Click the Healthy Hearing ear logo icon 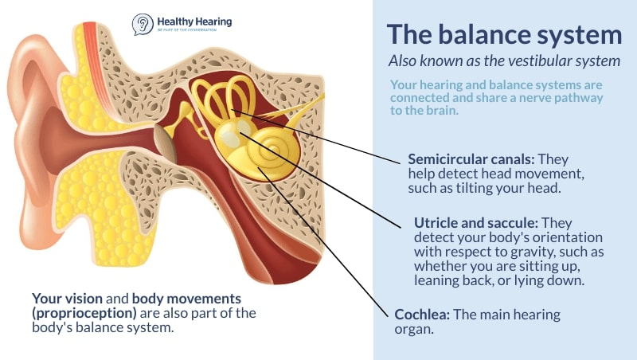coord(143,24)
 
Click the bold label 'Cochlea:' coord(422,314)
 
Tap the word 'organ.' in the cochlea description coord(414,329)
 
